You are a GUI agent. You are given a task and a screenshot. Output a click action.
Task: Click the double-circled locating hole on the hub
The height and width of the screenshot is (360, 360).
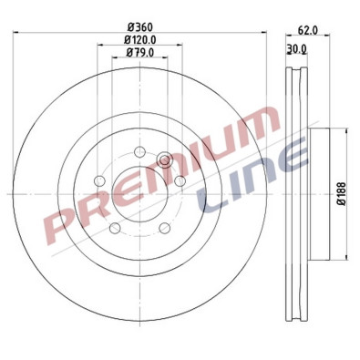coord(165,161)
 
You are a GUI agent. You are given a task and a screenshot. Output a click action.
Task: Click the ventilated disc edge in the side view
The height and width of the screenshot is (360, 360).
coord(294,193)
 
